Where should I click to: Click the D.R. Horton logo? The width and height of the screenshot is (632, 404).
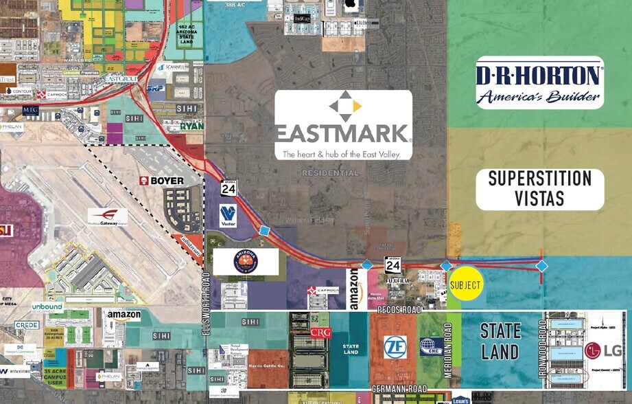coord(539,82)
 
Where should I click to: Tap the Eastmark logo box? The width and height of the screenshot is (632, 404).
coord(343,124)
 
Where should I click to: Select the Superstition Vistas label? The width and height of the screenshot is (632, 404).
coord(539,189)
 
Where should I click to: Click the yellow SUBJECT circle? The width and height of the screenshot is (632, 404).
coord(466,284)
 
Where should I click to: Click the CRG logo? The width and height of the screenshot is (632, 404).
coord(320,333)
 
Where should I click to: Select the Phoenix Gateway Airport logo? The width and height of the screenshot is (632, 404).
coord(107,217)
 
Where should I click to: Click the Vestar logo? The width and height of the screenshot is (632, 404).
coord(228,215)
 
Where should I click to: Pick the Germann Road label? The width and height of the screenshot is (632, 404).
coord(399,389)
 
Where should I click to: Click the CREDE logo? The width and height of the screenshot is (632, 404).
coord(27,324)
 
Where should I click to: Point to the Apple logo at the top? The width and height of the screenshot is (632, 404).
coord(351,4)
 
